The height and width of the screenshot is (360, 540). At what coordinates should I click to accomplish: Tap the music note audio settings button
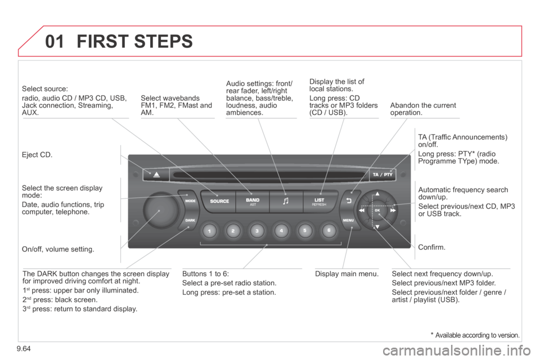point(286,201)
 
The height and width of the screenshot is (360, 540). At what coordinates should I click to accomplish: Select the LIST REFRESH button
point(320,201)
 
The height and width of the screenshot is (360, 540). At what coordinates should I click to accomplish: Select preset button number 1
point(208,231)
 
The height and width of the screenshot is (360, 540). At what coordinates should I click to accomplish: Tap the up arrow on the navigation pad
point(377,194)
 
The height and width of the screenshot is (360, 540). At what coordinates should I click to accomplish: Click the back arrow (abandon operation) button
point(348,200)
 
